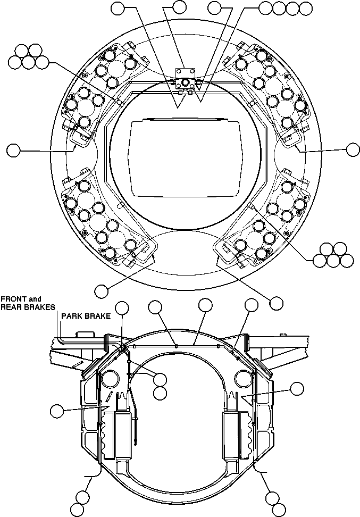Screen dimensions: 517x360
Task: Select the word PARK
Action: (x=71, y=316)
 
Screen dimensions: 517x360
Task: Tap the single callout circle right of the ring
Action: (x=353, y=149)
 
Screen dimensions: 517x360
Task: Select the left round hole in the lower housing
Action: (x=111, y=378)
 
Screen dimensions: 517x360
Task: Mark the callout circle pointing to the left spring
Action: (x=56, y=411)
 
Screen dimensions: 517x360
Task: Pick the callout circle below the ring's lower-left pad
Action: (x=101, y=290)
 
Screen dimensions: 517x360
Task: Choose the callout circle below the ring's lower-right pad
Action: (x=276, y=302)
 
